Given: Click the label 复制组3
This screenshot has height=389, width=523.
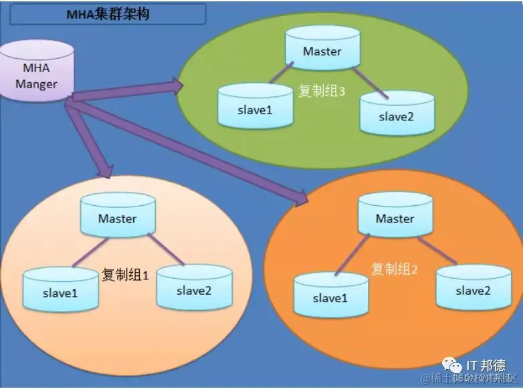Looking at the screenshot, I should point(321,91).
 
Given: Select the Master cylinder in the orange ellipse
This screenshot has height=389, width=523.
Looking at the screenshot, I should point(395,219).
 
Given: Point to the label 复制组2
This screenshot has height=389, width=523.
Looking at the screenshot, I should point(395,269).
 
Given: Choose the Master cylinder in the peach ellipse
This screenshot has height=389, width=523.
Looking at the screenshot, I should point(117,219).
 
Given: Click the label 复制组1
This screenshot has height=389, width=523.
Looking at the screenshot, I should point(125,275).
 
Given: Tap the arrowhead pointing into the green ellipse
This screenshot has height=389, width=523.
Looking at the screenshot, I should point(178,85).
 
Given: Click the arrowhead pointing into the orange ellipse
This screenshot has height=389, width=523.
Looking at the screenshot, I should point(302,196).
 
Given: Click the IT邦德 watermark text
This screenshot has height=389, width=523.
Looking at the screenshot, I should point(484,366).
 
